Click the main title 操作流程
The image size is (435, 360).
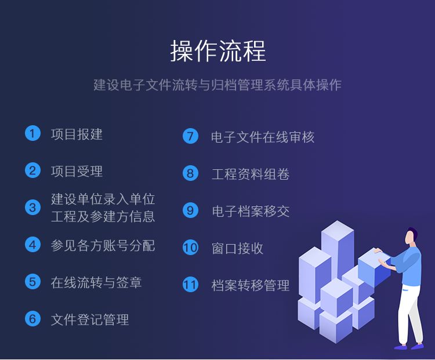click(x=217, y=51)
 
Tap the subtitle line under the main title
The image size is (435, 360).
click(x=217, y=85)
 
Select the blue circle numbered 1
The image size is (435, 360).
click(x=32, y=133)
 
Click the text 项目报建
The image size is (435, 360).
click(x=77, y=134)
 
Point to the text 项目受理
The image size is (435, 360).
click(x=77, y=171)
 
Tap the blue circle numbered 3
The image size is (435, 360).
click(x=32, y=208)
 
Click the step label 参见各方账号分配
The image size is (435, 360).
click(x=103, y=245)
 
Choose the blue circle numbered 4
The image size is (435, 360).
click(x=32, y=245)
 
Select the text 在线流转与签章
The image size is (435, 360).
click(x=96, y=282)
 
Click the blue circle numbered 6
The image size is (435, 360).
click(x=32, y=319)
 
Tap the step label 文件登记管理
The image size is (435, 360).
click(x=90, y=319)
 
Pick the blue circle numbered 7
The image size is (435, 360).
click(x=190, y=136)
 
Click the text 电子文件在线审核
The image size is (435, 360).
click(x=263, y=137)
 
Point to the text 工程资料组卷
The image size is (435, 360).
click(x=250, y=174)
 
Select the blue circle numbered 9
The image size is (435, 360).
click(x=190, y=210)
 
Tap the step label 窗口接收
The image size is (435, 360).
click(x=237, y=248)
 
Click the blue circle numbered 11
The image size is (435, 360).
click(x=190, y=285)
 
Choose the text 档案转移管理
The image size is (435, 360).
click(x=250, y=285)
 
